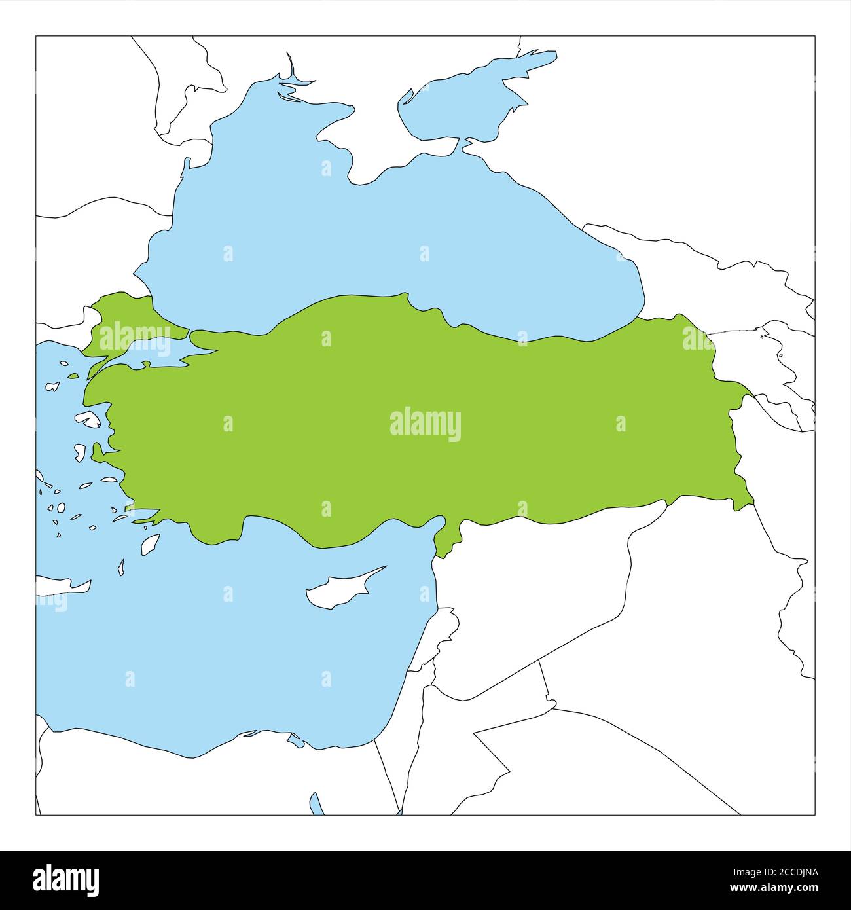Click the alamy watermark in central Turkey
tap(425, 424)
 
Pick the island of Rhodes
tap(151, 543)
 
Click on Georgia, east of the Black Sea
tap(707, 288)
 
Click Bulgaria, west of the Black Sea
tap(98, 262)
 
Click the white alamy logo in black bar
tap(66, 880)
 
